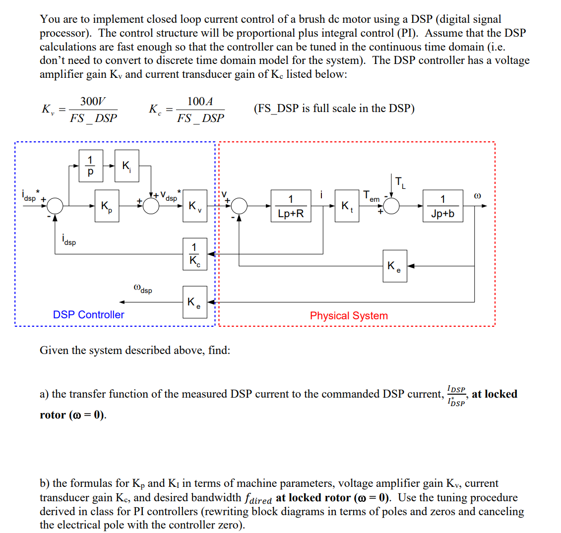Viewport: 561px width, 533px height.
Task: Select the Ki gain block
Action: [127, 166]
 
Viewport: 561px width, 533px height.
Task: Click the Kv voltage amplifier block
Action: [195, 206]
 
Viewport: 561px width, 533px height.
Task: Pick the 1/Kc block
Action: [195, 254]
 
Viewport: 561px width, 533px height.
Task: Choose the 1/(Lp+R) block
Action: [291, 206]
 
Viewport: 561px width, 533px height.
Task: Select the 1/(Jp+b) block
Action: [442, 206]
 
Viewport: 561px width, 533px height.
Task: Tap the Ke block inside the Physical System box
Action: [395, 266]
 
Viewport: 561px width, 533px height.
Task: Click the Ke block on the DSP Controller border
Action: [195, 302]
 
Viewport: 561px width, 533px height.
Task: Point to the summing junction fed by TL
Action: [392, 206]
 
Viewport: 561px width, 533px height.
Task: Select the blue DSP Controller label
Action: [88, 315]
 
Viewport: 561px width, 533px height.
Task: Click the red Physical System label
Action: [349, 316]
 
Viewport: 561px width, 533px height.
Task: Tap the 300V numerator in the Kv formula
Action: [93, 102]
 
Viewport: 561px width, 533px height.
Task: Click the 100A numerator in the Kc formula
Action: [200, 102]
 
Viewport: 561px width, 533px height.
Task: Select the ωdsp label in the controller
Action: [143, 289]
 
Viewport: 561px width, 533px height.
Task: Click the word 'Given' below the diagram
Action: [54, 351]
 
